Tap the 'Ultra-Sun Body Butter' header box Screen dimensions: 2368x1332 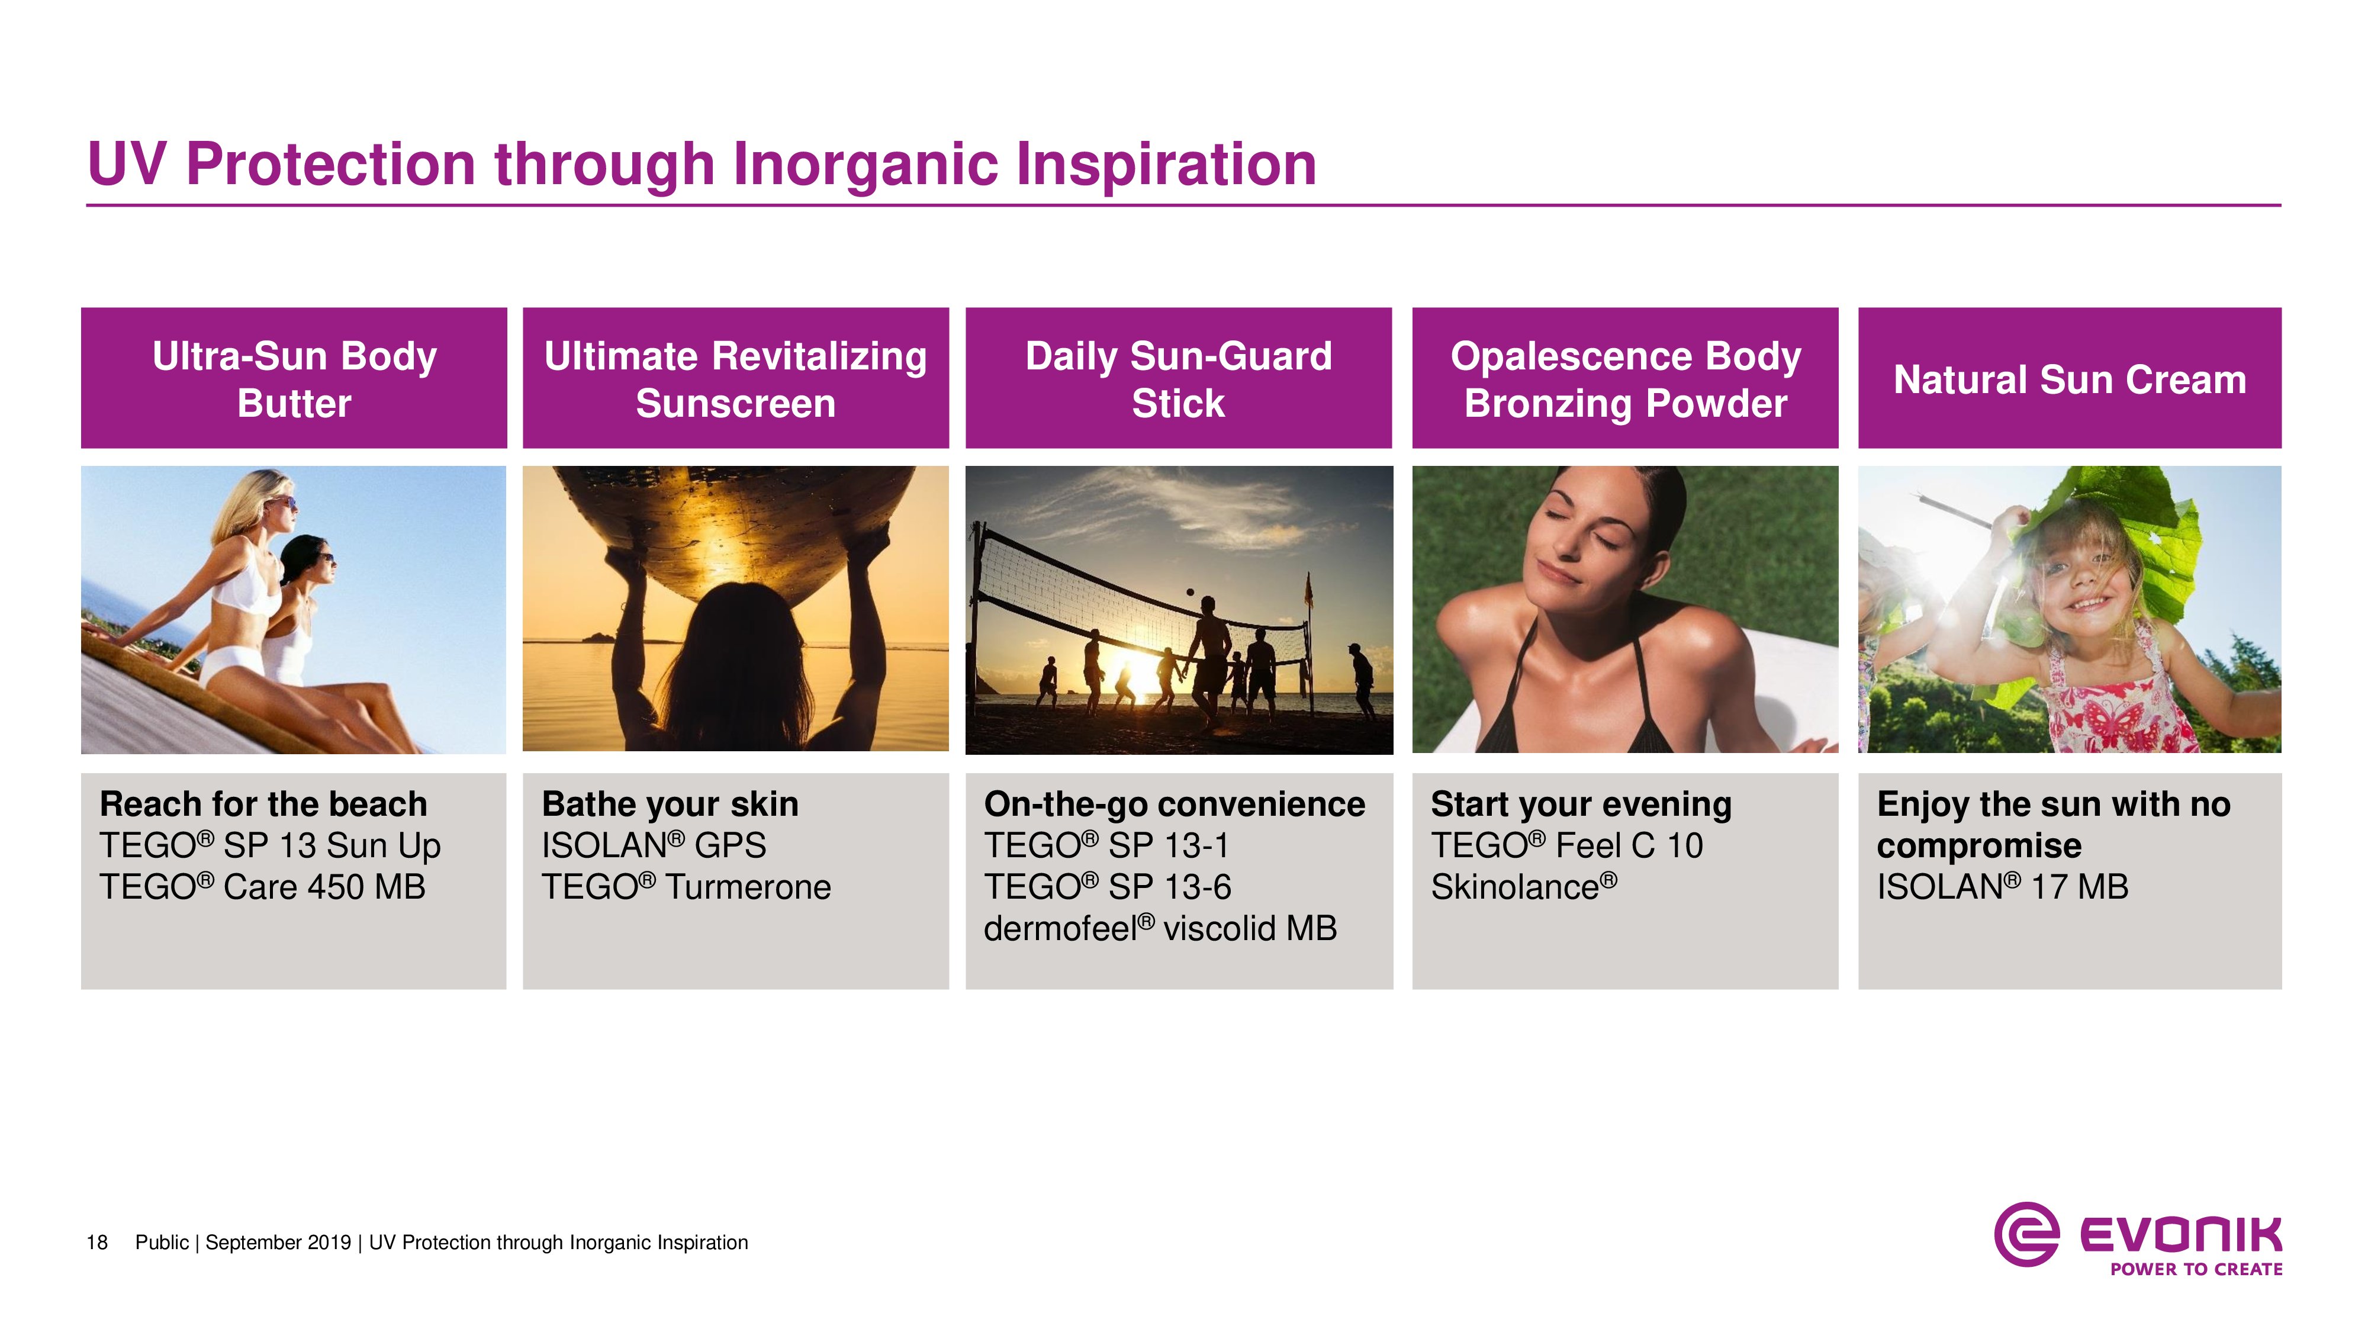coord(294,378)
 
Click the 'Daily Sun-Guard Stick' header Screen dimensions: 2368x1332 coord(1179,378)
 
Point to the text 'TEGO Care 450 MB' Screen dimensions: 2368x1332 coord(263,887)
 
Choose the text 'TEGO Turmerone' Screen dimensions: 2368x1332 coord(686,887)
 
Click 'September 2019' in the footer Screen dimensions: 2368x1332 coord(278,1243)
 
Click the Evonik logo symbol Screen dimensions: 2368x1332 coord(2026,1234)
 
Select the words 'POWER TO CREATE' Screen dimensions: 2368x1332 coord(2196,1269)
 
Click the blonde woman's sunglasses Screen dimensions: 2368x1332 coord(287,503)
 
